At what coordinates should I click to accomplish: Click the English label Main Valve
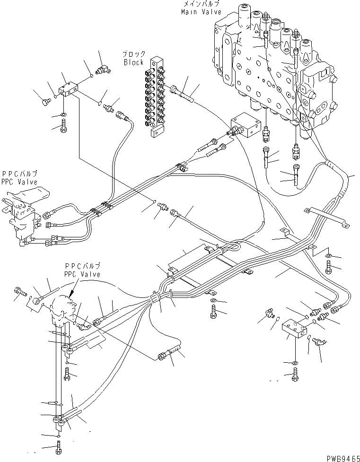(x=197, y=11)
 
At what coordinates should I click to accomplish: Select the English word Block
(x=134, y=62)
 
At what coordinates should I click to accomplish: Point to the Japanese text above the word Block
(x=134, y=54)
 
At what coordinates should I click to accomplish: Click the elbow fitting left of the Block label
(x=103, y=70)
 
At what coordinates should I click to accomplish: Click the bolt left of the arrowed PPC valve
(x=20, y=292)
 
